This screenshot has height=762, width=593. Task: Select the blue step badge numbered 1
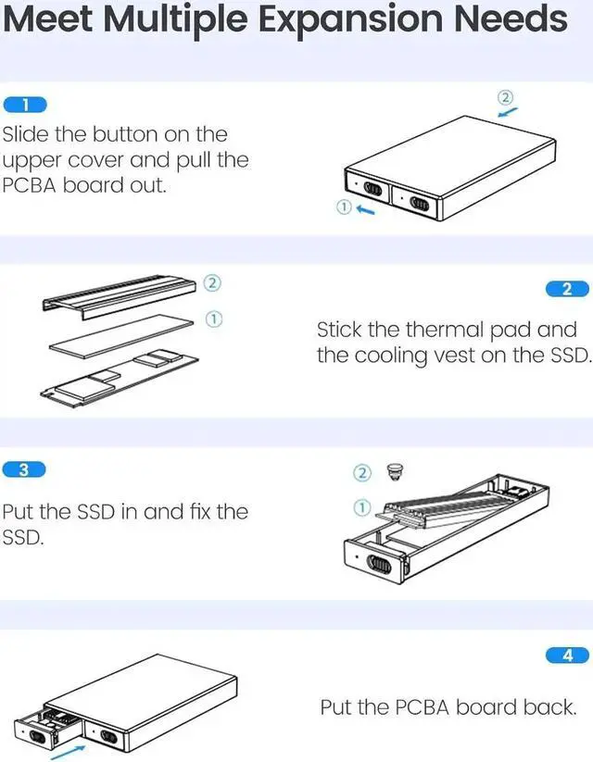tap(25, 105)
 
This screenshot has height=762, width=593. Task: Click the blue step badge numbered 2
tap(567, 289)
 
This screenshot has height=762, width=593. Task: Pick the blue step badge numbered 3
tap(25, 469)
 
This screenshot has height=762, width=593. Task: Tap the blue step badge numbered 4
tap(567, 656)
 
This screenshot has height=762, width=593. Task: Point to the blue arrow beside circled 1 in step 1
tap(365, 210)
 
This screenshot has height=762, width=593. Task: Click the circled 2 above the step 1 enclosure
tap(505, 97)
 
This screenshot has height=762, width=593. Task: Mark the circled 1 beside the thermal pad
tap(212, 318)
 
